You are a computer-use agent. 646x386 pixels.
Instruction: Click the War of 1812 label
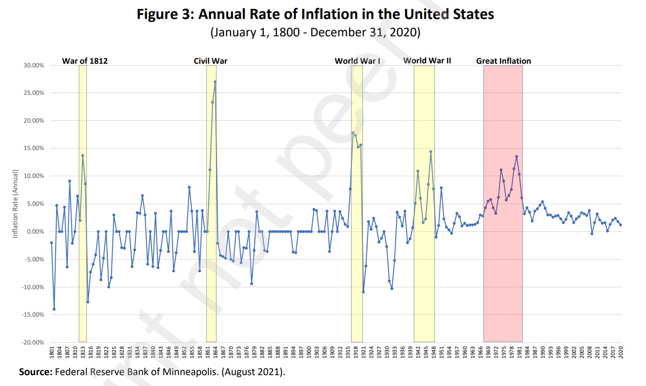coord(85,61)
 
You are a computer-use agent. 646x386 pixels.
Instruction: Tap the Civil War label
coord(210,61)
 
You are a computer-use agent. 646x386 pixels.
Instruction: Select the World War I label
coord(357,61)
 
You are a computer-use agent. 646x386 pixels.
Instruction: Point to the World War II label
coord(427,61)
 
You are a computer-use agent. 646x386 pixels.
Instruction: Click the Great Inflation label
coord(503,61)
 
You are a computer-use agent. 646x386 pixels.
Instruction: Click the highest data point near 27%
coord(215,81)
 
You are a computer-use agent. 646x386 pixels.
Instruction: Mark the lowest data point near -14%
coord(54,309)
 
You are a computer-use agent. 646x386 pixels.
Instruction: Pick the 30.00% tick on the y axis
coord(33,65)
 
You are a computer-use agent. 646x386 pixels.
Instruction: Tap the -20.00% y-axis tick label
coord(33,342)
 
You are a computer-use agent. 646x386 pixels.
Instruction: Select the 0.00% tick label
coord(35,232)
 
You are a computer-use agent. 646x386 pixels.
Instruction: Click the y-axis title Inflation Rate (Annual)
coord(15,204)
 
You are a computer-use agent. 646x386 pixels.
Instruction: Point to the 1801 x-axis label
coord(52,352)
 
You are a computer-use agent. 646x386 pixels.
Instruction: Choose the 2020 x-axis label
coord(621,352)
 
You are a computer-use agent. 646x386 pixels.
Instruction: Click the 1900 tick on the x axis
coord(309,352)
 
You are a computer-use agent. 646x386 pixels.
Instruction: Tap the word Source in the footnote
coord(35,371)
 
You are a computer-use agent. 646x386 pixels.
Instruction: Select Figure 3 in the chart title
coord(165,14)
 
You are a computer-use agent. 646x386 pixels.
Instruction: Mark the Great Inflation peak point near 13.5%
coord(517,156)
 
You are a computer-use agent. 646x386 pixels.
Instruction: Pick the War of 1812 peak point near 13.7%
coord(83,155)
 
